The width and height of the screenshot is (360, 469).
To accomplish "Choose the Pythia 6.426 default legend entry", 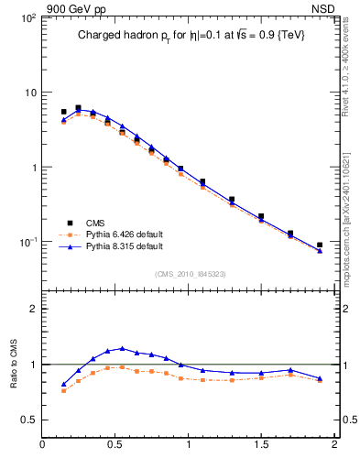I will click(110, 234).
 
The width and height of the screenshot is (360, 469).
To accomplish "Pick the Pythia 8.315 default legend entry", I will click(110, 246).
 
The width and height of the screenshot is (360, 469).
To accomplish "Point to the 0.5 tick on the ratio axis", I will click(27, 420).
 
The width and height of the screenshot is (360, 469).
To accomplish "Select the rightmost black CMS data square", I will click(320, 245).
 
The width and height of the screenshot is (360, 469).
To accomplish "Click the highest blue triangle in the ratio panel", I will click(122, 348).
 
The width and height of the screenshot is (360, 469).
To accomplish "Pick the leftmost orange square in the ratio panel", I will click(63, 390).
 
